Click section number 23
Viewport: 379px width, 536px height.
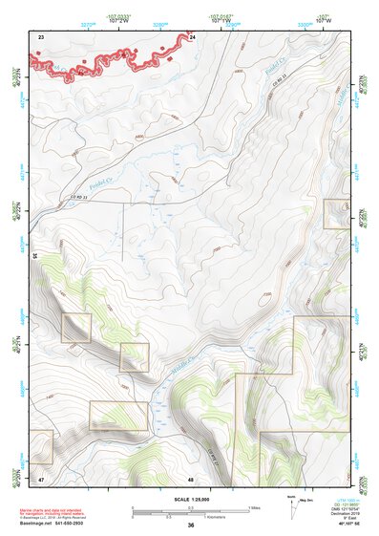pyautogui.click(x=41, y=36)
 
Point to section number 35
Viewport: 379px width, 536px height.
pyautogui.click(x=35, y=256)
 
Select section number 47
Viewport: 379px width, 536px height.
pyautogui.click(x=41, y=477)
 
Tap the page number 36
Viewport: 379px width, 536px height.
pyautogui.click(x=191, y=525)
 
